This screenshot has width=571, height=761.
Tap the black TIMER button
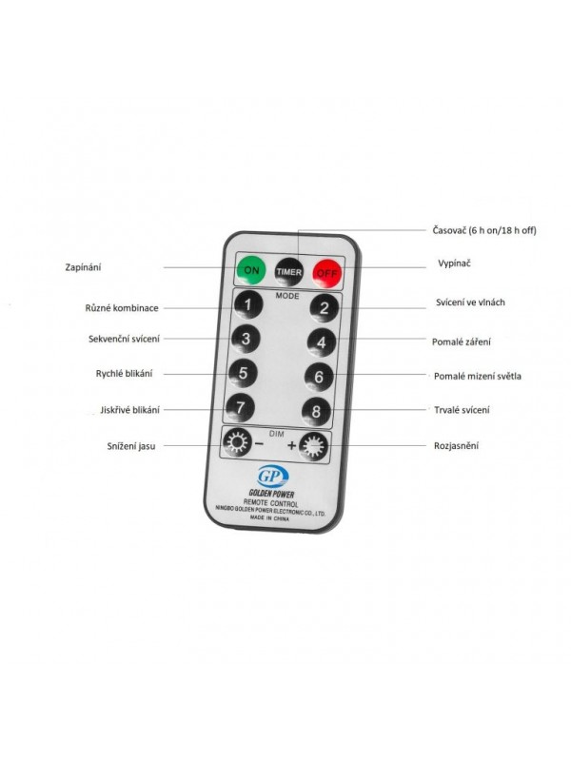289,271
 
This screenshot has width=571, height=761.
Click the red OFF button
326,273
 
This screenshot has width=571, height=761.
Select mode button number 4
322,342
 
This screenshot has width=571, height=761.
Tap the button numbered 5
243,373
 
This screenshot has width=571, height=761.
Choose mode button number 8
316,412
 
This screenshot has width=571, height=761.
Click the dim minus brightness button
237,442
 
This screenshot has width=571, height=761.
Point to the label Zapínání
83,267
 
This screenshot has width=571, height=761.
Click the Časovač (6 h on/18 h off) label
484,230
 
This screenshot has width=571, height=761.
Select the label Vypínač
455,263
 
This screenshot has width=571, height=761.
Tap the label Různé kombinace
122,308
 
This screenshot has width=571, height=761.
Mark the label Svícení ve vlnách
470,302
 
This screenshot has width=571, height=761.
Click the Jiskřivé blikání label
129,410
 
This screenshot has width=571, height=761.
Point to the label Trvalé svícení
462,410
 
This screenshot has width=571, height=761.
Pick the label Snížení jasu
131,446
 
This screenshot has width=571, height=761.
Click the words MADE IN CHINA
269,518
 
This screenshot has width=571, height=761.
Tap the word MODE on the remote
287,296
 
